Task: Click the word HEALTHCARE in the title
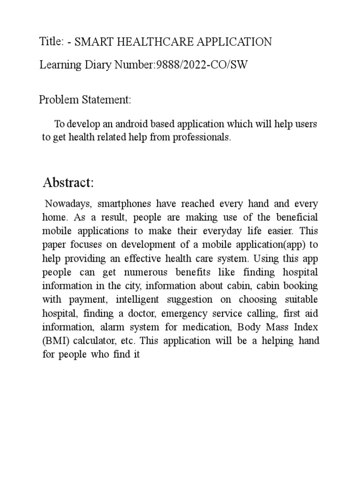click(150, 42)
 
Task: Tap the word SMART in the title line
click(94, 42)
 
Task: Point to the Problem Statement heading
click(85, 100)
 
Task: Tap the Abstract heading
click(68, 183)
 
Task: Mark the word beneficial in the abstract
click(296, 218)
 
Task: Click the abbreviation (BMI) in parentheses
click(54, 341)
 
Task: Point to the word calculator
click(97, 341)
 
